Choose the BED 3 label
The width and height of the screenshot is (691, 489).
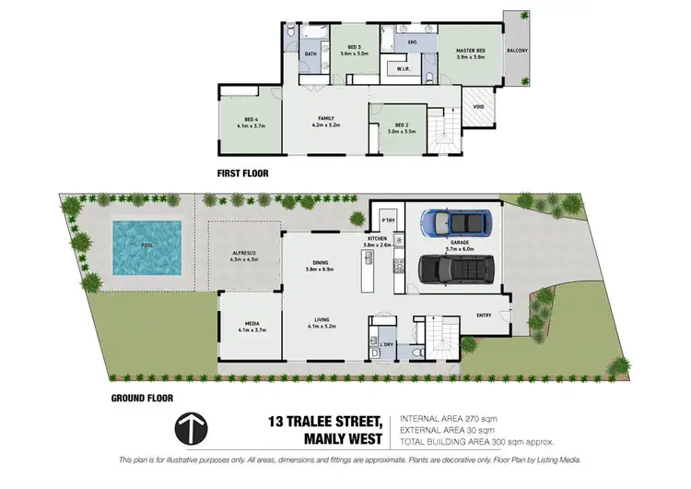tap(354, 50)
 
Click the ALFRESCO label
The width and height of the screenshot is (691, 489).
tap(244, 255)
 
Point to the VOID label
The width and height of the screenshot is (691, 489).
tap(478, 106)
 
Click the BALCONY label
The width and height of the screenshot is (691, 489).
tap(517, 52)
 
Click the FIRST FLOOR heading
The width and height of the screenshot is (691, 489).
tap(243, 173)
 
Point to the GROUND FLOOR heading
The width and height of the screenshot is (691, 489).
tap(142, 399)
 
